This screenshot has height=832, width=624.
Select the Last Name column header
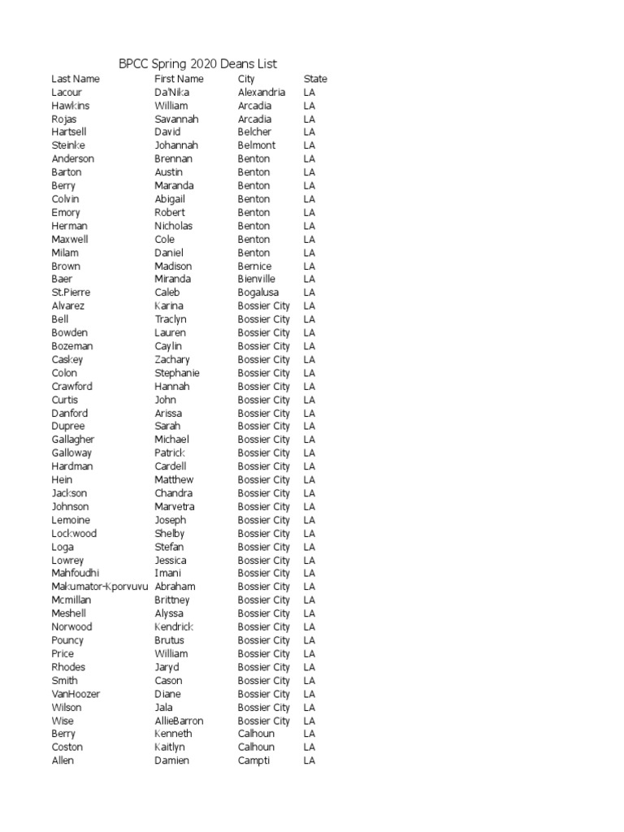76,79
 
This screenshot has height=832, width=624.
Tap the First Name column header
179,79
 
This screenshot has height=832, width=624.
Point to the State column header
315,79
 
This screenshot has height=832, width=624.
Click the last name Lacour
67,93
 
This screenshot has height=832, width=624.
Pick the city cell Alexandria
262,93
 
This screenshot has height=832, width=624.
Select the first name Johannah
176,145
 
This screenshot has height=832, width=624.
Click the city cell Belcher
254,132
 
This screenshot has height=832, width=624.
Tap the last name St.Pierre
71,292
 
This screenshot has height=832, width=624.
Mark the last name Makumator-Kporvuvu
100,587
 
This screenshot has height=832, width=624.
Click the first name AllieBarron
179,721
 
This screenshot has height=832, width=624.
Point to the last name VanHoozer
76,694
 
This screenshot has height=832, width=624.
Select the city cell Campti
253,760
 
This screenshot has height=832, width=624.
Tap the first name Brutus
169,640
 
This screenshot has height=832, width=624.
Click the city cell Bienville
257,279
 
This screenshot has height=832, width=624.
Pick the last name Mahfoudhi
75,573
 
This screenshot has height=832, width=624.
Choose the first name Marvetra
175,506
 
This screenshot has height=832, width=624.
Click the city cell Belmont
257,145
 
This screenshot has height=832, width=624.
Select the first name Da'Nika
171,93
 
